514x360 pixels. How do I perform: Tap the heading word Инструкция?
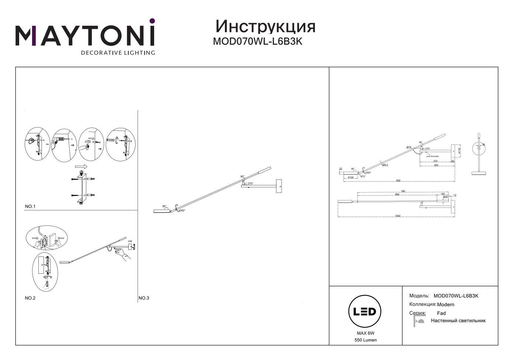(265, 27)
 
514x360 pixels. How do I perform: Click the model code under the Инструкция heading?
(257, 42)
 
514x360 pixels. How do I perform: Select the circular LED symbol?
(364, 312)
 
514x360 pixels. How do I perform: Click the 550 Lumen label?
(365, 340)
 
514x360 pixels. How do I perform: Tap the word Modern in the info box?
(445, 305)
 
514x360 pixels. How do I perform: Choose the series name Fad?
(441, 313)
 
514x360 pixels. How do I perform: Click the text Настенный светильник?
(458, 321)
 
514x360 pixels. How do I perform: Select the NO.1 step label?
(30, 206)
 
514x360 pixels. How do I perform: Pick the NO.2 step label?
(30, 298)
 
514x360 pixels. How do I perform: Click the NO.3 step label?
(144, 298)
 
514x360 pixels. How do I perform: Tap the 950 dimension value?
(398, 181)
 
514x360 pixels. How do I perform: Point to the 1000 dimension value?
(397, 216)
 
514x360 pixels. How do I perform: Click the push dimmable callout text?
(432, 156)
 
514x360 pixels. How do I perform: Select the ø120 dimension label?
(350, 177)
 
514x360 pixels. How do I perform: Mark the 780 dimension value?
(403, 191)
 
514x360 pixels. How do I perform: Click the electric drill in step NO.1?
(59, 140)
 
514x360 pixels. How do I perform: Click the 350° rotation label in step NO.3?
(182, 211)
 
